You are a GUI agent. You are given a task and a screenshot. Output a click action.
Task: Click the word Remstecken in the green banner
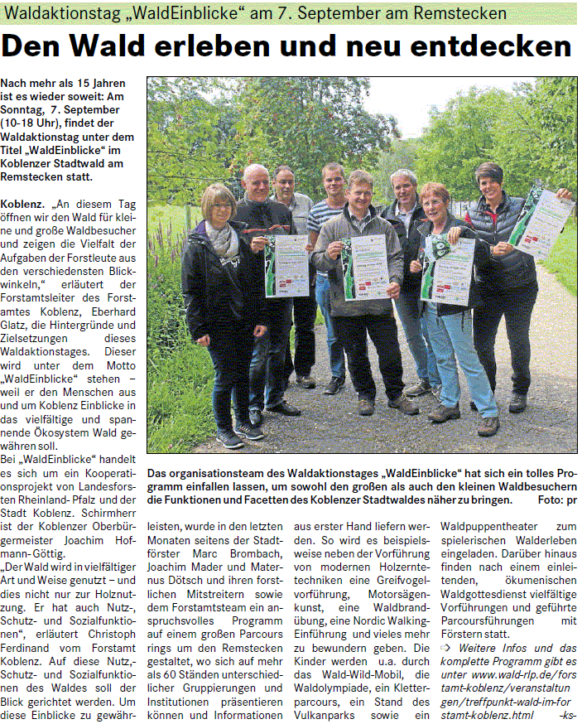pyautogui.click(x=462, y=13)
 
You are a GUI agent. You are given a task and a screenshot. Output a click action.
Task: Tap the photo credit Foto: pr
pyautogui.click(x=556, y=500)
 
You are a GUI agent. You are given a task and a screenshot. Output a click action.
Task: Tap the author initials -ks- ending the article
pyautogui.click(x=567, y=714)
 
